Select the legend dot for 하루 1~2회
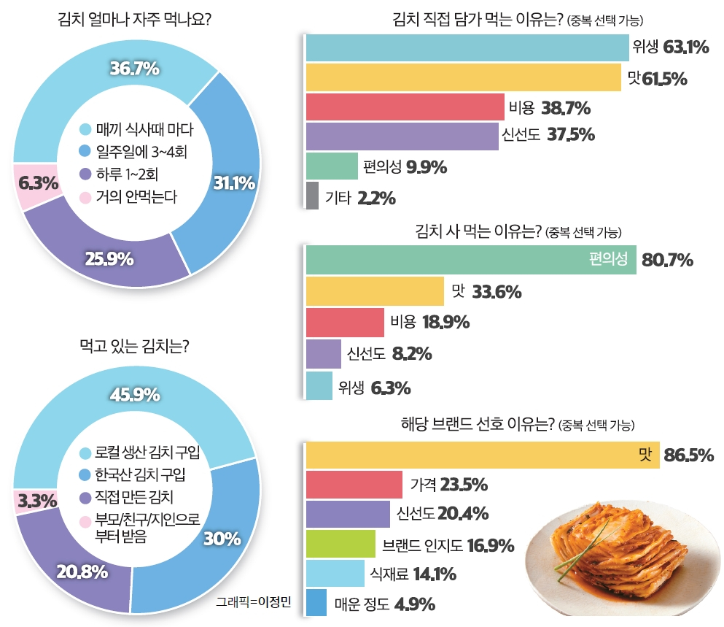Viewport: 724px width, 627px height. pos(85,174)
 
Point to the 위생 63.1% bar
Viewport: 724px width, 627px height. pos(467,48)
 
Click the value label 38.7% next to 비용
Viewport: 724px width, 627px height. pos(566,109)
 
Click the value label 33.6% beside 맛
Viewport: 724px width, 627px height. pos(497,292)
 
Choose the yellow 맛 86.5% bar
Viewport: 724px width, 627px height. pos(481,455)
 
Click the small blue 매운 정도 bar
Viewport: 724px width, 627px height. pos(316,604)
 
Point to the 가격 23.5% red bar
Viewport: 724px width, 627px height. pos(354,485)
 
